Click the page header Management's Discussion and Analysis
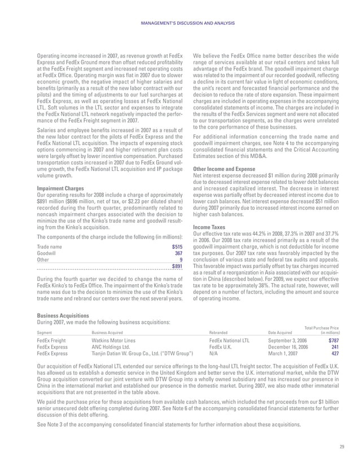[179, 23]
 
